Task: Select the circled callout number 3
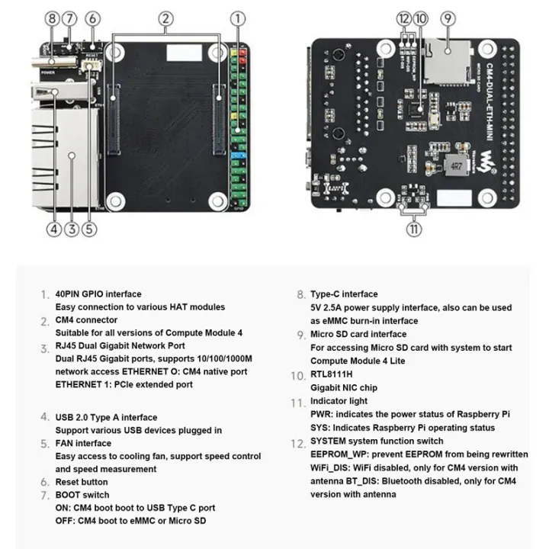tap(72, 227)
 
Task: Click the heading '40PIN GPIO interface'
tap(98, 294)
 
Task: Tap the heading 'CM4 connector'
tap(86, 320)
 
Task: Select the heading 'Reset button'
tap(82, 482)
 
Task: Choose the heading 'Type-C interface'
tap(344, 294)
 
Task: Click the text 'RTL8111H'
tap(332, 374)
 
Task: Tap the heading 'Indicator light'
tap(339, 401)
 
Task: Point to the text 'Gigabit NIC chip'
tap(344, 387)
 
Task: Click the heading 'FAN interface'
tap(83, 443)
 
